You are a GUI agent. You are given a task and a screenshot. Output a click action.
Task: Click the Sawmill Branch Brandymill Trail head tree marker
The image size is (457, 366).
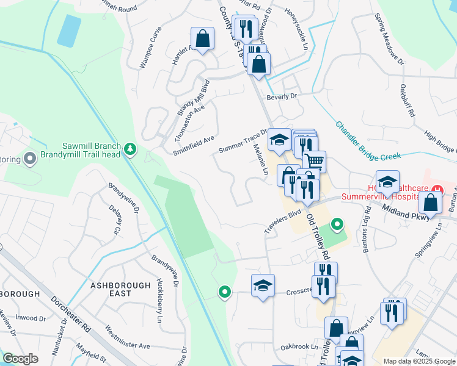click(x=130, y=148)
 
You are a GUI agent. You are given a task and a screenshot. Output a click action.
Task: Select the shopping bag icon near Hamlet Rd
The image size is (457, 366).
click(x=202, y=39)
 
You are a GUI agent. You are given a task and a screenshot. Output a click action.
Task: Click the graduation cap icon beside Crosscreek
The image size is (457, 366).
click(x=263, y=285)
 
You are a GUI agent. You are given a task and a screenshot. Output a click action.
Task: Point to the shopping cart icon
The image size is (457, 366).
click(x=314, y=162)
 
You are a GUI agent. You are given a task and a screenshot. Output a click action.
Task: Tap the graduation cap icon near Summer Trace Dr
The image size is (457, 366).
click(x=279, y=140)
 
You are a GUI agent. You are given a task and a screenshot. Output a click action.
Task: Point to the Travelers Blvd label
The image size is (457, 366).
click(x=283, y=221)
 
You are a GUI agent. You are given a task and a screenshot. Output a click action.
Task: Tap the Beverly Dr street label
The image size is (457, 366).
click(x=281, y=97)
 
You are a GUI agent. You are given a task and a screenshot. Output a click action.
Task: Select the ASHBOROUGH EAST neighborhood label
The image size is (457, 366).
click(x=120, y=289)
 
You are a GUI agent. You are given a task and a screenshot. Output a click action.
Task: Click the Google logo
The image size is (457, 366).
click(x=20, y=359)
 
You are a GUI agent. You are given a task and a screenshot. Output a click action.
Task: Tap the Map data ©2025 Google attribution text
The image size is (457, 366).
click(x=419, y=361)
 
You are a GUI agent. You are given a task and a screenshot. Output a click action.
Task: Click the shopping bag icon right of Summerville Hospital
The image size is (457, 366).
click(x=431, y=203)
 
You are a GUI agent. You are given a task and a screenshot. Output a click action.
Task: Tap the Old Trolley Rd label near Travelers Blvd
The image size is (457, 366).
click(x=318, y=235)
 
